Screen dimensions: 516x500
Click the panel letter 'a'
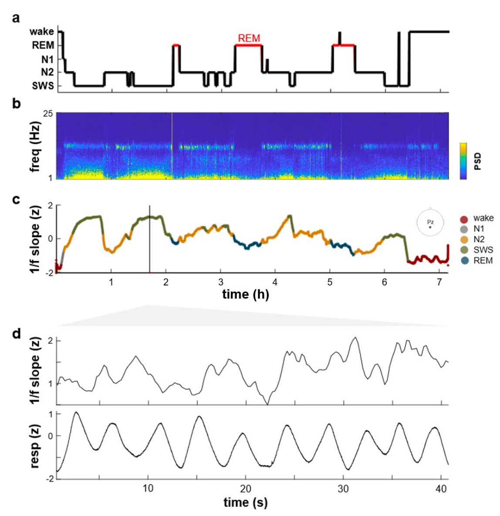click(16, 18)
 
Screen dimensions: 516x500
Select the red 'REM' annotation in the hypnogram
click(249, 38)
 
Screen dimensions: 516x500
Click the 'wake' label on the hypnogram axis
click(42, 31)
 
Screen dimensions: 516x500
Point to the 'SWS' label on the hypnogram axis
click(43, 86)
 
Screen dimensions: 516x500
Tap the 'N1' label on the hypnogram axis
click(47, 59)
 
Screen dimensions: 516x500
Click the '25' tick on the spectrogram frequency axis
click(47, 114)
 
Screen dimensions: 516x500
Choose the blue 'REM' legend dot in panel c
click(464, 260)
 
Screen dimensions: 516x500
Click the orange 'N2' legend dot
click(464, 239)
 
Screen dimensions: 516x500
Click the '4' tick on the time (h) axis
click(275, 282)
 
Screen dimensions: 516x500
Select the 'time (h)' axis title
click(246, 295)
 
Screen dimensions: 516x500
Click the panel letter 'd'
click(17, 334)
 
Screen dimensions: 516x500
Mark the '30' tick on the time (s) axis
click(343, 489)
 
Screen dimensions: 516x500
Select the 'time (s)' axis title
click(246, 502)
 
